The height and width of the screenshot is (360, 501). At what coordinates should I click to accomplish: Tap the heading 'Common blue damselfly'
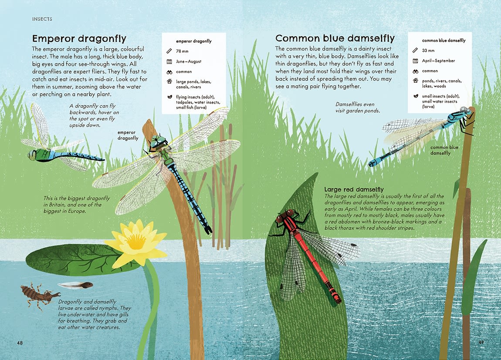335,38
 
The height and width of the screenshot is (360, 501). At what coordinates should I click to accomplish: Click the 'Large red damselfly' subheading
354,189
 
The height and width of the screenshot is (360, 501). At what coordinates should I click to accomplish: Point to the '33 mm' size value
428,50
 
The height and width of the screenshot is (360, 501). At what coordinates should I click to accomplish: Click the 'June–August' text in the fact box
189,61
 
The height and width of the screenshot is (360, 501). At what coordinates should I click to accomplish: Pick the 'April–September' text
438,61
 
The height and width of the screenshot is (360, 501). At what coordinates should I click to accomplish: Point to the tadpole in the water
76,286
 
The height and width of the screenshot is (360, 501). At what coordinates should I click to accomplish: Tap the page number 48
20,343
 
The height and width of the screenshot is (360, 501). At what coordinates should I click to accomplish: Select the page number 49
481,342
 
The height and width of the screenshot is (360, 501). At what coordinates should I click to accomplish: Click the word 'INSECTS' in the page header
42,19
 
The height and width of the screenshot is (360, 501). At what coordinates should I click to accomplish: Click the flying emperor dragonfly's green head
32,155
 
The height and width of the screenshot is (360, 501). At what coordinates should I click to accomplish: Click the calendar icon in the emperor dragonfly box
169,61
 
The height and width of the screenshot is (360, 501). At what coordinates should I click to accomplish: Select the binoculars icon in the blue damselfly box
415,71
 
